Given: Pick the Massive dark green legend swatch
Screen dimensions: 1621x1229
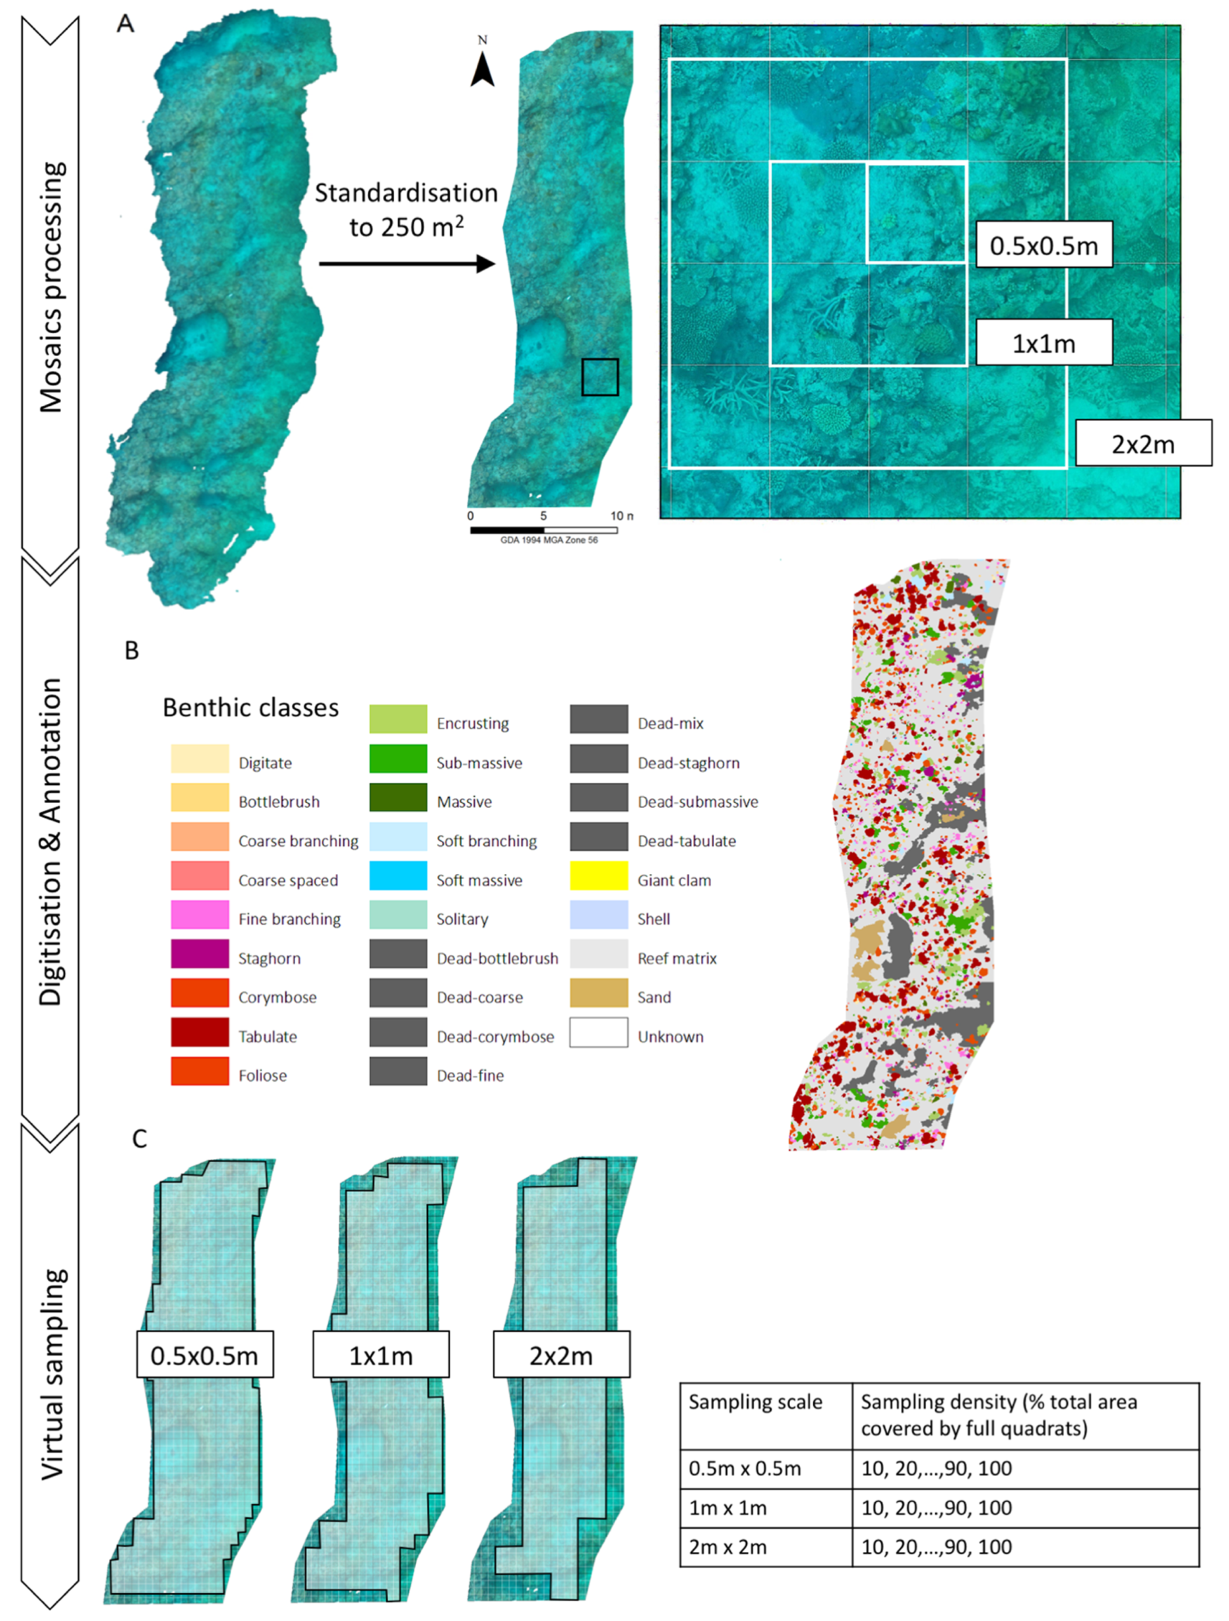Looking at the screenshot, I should (398, 798).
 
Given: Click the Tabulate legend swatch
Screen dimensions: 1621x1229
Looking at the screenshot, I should (200, 1032).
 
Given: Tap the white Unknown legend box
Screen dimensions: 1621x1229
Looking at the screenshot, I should (599, 1032).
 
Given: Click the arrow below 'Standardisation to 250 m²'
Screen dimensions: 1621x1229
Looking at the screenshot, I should (407, 263).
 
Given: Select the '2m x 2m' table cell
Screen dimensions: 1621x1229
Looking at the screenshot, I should (766, 1547).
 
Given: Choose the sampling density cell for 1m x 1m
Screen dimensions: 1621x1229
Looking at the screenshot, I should (1024, 1508).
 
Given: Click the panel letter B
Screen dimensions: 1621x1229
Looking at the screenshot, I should (132, 650).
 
